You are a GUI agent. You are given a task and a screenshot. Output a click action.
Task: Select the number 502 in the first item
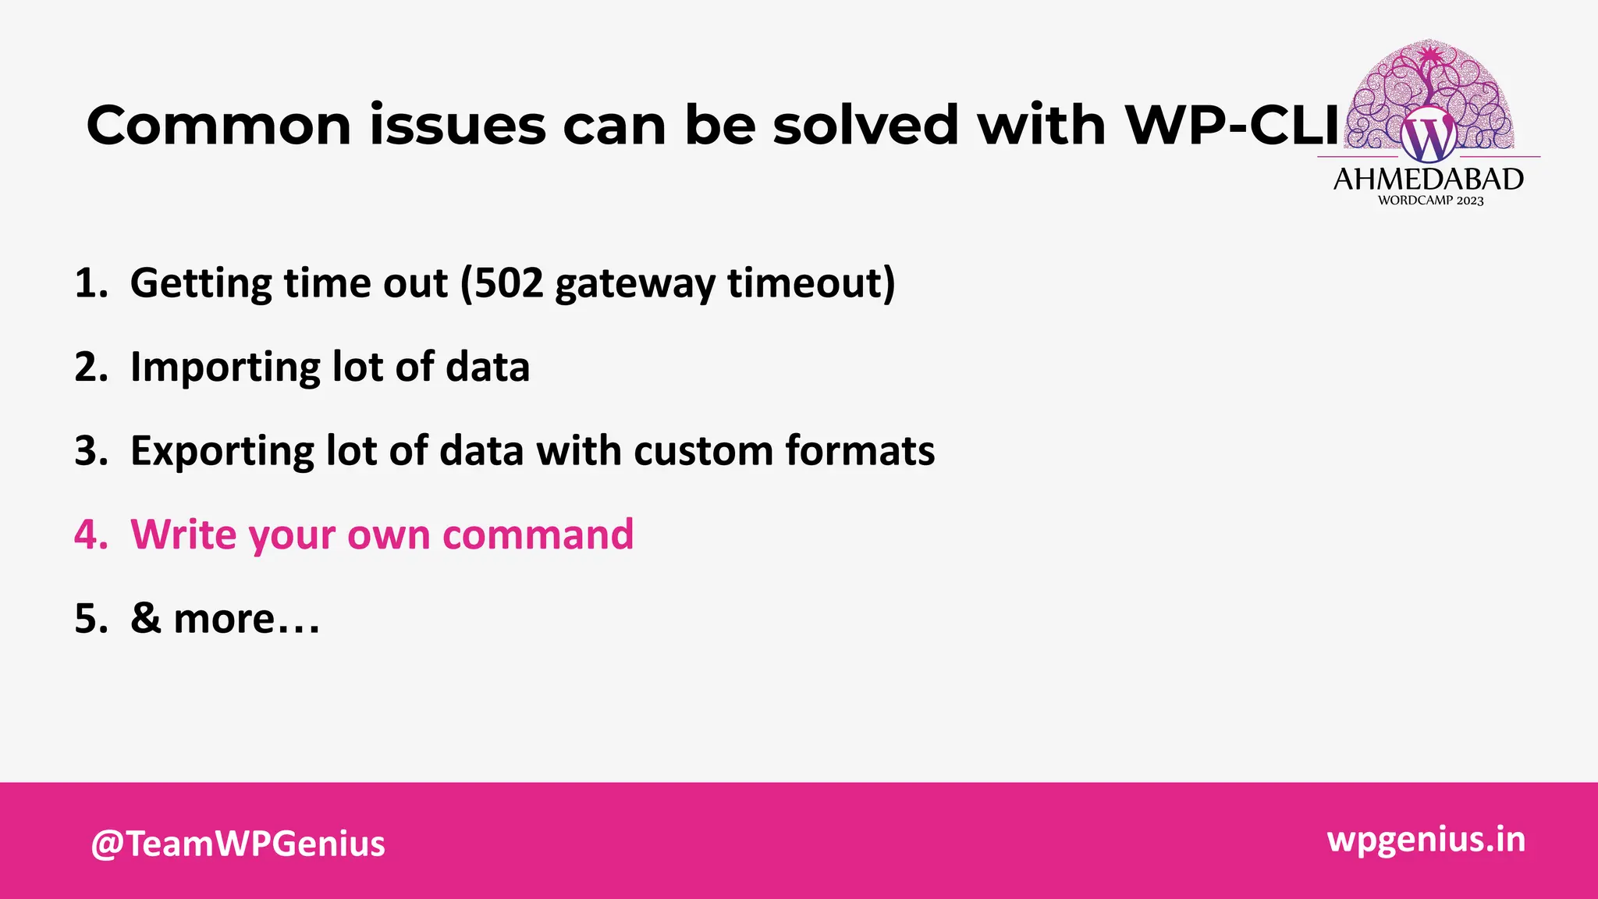click(509, 282)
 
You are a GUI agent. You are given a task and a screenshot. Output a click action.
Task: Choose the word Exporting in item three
click(221, 452)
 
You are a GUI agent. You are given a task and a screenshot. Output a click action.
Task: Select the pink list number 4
click(90, 535)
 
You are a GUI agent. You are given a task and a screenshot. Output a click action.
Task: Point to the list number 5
click(90, 619)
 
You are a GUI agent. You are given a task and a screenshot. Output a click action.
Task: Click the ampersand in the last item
click(145, 619)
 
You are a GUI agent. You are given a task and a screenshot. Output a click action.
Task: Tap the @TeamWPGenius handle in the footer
click(238, 844)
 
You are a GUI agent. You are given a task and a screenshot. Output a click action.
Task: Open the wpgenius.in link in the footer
click(1426, 840)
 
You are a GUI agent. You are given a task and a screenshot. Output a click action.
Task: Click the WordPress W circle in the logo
click(1428, 137)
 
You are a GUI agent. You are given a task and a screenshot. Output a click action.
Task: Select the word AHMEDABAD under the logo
click(1428, 179)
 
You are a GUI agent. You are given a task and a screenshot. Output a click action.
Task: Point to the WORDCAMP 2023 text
click(1430, 201)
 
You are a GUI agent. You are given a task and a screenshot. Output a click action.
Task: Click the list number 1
click(90, 283)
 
